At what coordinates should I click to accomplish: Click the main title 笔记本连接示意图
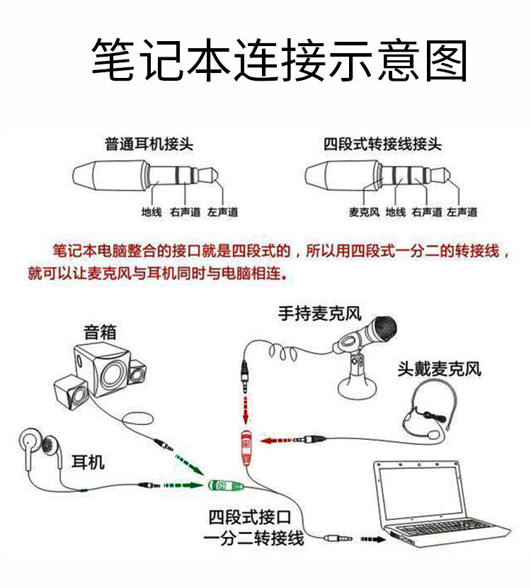tap(280, 60)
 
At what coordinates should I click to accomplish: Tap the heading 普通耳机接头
tap(149, 145)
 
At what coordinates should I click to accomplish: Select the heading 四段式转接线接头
tap(382, 145)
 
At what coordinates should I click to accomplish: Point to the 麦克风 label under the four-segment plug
tap(364, 212)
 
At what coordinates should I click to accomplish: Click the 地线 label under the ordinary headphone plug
tap(152, 211)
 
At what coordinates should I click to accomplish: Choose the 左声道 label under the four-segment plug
tap(462, 212)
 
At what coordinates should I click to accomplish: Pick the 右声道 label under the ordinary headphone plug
tap(186, 211)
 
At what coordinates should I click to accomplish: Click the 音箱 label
tap(100, 331)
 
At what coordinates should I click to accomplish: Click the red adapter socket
tap(245, 444)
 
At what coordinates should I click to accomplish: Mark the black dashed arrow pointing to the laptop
tap(372, 539)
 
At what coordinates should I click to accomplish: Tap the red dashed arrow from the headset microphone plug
tap(276, 441)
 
